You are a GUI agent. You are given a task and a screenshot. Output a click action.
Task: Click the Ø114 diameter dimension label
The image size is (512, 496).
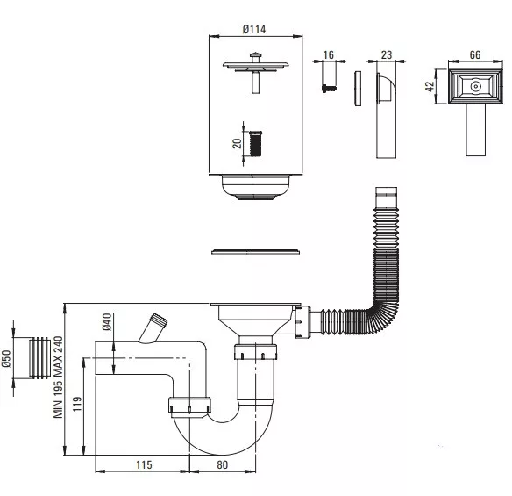(x=254, y=30)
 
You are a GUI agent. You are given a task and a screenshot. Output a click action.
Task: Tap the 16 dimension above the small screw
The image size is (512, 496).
(x=329, y=54)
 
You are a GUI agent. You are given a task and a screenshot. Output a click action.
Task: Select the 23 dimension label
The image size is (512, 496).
(x=387, y=54)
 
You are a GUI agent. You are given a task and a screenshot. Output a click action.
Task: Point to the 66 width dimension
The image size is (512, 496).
(x=475, y=54)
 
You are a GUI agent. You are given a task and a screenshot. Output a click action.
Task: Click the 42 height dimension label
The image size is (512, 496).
(x=430, y=86)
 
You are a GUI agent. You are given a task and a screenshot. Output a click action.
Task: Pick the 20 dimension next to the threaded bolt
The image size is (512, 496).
(x=237, y=143)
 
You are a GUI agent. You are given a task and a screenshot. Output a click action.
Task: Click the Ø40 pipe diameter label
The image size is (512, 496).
(x=107, y=321)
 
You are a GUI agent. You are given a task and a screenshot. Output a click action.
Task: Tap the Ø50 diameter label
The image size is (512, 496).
(x=6, y=359)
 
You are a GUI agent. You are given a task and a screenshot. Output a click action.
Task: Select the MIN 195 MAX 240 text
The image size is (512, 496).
(x=58, y=377)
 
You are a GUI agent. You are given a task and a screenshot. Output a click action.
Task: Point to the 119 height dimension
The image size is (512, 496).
(x=77, y=404)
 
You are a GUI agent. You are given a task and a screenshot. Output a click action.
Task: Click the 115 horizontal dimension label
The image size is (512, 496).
(x=144, y=464)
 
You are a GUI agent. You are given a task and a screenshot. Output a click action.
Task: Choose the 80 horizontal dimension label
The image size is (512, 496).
(x=222, y=464)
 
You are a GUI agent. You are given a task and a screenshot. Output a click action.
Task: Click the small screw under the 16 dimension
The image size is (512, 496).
(x=329, y=89)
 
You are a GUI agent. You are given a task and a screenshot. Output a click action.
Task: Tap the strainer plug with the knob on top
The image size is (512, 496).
(x=256, y=73)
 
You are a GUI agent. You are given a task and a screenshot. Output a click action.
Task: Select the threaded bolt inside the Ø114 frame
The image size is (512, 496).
(x=255, y=143)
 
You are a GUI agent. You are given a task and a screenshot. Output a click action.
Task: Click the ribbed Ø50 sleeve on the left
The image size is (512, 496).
(x=39, y=358)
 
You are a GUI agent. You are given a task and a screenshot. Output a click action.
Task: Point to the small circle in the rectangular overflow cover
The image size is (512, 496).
(x=475, y=87)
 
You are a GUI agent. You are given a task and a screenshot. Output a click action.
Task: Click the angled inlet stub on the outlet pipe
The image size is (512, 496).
(x=153, y=328)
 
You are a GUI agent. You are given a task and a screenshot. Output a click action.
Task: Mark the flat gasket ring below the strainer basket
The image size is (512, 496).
(x=256, y=251)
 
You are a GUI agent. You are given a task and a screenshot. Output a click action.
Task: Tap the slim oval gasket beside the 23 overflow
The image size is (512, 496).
(x=358, y=88)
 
